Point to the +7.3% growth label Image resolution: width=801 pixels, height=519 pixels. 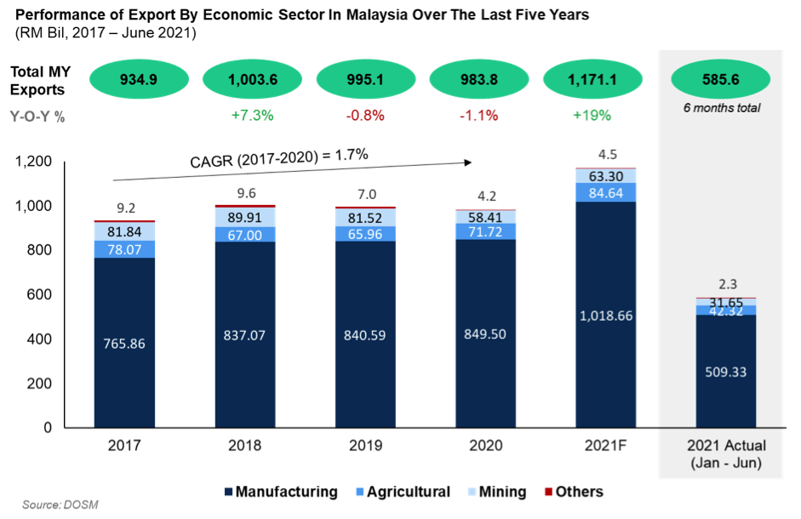(252, 115)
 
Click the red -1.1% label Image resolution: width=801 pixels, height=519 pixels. (478, 115)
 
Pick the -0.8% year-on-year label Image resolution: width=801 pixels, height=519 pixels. (365, 115)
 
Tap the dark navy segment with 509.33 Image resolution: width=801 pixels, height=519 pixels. (726, 371)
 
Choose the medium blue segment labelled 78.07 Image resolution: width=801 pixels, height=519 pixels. (124, 248)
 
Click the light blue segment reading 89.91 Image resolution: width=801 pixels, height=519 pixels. (245, 216)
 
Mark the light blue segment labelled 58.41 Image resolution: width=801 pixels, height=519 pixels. (485, 217)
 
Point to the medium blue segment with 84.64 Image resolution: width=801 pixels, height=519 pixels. (605, 192)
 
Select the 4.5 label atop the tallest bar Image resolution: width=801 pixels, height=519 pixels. (605, 155)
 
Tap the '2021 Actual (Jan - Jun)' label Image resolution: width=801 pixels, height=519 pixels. (726, 453)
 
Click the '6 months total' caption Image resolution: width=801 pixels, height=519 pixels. (720, 108)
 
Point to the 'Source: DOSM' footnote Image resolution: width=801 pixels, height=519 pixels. (60, 505)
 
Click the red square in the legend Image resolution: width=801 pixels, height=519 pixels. (548, 492)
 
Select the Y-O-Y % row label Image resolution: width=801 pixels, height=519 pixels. (37, 117)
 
